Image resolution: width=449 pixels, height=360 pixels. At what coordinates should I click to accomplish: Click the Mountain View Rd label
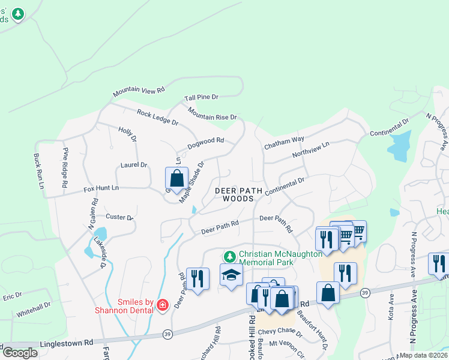click(139, 91)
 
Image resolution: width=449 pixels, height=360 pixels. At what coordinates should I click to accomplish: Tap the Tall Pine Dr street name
click(201, 97)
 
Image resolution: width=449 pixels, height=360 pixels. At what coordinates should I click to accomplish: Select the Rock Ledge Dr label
click(158, 117)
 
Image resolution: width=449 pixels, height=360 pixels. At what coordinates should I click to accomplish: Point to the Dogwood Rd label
click(205, 142)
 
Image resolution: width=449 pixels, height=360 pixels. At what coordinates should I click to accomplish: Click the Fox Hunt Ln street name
click(101, 188)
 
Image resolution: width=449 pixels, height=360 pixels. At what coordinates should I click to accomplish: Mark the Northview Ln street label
click(311, 150)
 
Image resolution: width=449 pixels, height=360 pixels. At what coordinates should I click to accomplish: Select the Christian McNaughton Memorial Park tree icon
click(228, 256)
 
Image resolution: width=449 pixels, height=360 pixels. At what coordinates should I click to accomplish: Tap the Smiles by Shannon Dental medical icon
click(161, 306)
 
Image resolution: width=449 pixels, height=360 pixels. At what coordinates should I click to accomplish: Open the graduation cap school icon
click(231, 275)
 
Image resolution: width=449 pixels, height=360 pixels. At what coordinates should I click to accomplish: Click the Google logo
click(20, 352)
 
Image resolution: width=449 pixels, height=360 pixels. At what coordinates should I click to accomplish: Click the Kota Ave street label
click(391, 307)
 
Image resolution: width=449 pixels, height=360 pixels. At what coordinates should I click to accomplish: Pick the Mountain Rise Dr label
click(212, 113)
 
